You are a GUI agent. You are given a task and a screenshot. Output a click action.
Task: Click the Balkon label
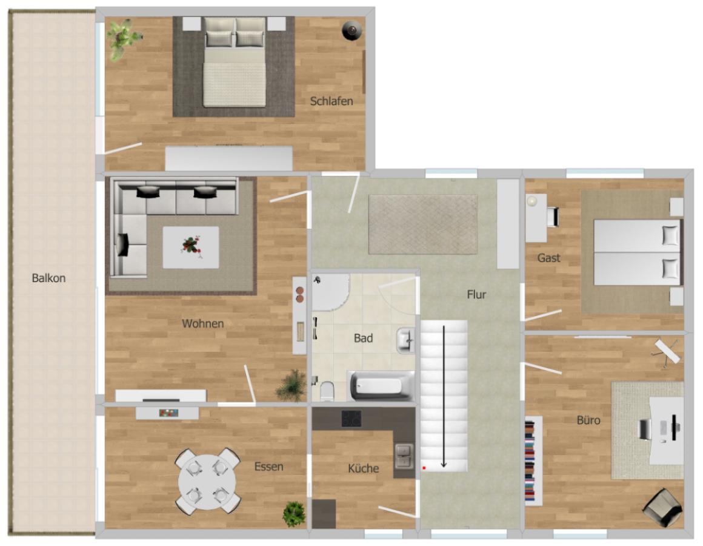point(48,278)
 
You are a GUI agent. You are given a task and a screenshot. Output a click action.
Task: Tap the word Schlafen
point(332,101)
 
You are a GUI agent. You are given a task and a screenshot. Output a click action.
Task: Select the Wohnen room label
point(202,323)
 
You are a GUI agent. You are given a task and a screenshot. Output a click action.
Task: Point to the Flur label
point(476,294)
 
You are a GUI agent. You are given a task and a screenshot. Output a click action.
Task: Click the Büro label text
point(588,420)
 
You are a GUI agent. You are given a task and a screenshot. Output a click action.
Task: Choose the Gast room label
point(549,258)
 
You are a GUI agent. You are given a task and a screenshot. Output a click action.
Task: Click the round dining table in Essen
point(207,482)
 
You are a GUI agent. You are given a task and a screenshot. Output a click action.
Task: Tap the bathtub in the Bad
point(381,386)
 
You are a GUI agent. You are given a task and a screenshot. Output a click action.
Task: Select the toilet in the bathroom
point(327,391)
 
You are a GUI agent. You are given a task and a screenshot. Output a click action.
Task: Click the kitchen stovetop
point(351,419)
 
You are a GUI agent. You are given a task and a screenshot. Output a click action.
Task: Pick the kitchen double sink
point(404,456)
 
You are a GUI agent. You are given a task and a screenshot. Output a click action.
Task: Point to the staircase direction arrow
point(444,397)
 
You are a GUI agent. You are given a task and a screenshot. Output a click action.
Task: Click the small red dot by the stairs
point(424,468)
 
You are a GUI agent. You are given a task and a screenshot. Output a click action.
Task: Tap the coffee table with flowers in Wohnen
point(191,247)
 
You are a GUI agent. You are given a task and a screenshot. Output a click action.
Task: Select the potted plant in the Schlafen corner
point(122,38)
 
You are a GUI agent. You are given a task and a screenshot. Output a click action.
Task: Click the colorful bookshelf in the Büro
point(530,460)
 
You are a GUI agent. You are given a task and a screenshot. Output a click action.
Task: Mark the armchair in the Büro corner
point(662,507)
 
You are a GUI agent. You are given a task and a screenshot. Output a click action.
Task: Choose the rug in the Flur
point(423,224)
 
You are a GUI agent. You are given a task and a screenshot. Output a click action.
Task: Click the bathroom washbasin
point(406,341)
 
